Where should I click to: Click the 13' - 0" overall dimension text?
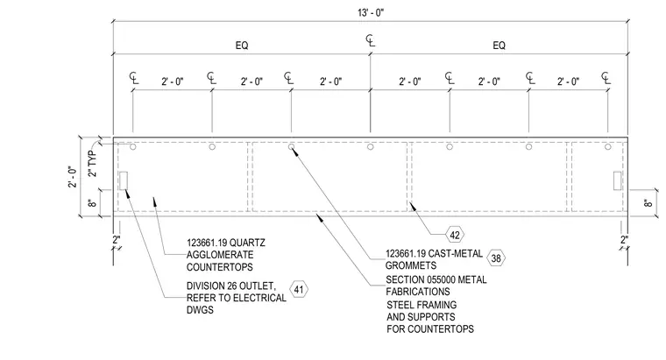[371, 13]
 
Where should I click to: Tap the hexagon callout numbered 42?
[455, 235]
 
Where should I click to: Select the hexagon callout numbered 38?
[496, 258]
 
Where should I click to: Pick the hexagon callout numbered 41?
[299, 290]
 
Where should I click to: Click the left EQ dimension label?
[242, 46]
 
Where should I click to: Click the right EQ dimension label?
[499, 46]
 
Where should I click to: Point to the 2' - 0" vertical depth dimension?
[73, 177]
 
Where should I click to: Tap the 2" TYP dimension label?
[92, 164]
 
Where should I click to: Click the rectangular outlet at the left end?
[124, 180]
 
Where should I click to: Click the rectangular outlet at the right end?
[618, 180]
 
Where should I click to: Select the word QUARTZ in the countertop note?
[247, 243]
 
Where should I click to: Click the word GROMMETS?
[411, 265]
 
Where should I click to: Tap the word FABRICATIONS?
[417, 292]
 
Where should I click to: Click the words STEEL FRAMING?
[422, 305]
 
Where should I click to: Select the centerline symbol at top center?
[371, 40]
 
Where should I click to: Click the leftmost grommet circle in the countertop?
[133, 147]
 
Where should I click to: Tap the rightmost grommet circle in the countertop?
[608, 147]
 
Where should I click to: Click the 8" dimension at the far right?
[648, 203]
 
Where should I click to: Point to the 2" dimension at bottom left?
[117, 240]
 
